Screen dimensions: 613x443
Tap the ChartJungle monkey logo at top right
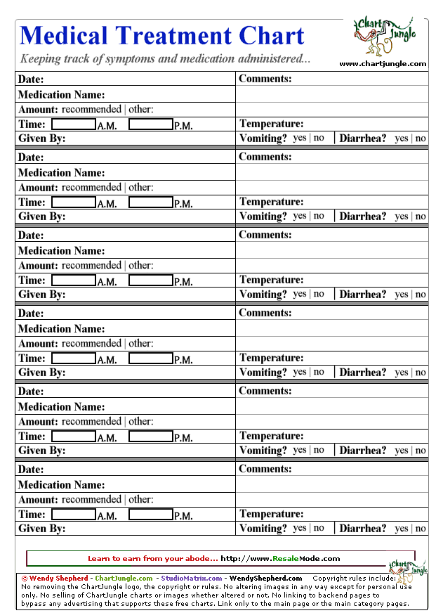click(382, 37)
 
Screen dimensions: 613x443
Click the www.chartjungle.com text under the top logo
click(383, 64)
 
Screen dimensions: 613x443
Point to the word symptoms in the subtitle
click(130, 59)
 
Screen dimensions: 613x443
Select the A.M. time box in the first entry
click(74, 124)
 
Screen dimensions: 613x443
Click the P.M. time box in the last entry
click(151, 515)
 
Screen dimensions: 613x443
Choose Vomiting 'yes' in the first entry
click(300, 138)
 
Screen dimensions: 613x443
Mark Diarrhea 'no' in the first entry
click(421, 138)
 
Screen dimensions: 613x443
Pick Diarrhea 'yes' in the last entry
click(401, 529)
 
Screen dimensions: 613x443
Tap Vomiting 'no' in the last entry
click(319, 528)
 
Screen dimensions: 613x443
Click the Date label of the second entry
click(31, 157)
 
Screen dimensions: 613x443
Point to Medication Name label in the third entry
click(61, 251)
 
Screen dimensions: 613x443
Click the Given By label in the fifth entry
click(42, 451)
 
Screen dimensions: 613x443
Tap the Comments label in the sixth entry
click(265, 469)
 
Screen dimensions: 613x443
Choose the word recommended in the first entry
click(91, 110)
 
